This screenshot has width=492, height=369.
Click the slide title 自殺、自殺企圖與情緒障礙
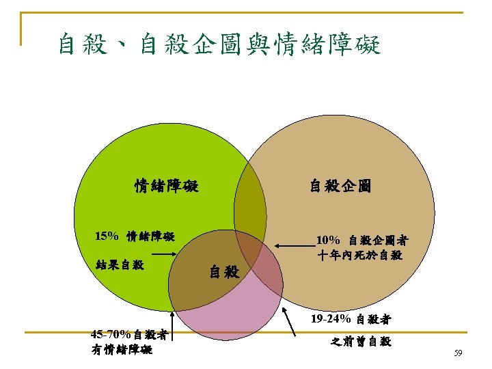(219, 45)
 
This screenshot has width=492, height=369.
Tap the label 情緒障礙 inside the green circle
(166, 186)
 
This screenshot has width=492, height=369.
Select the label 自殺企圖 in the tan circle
(340, 186)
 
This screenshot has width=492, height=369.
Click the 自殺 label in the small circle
(223, 272)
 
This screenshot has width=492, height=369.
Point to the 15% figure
(107, 236)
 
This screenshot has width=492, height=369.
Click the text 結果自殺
(120, 264)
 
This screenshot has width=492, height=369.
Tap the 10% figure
(329, 241)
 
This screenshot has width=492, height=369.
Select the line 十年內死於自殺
(359, 256)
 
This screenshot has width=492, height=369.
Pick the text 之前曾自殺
(361, 341)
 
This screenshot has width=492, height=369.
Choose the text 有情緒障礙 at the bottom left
(121, 350)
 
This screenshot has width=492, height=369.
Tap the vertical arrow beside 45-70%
(174, 325)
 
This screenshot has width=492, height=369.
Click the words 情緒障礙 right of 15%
(151, 236)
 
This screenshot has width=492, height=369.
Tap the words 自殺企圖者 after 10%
(379, 241)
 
